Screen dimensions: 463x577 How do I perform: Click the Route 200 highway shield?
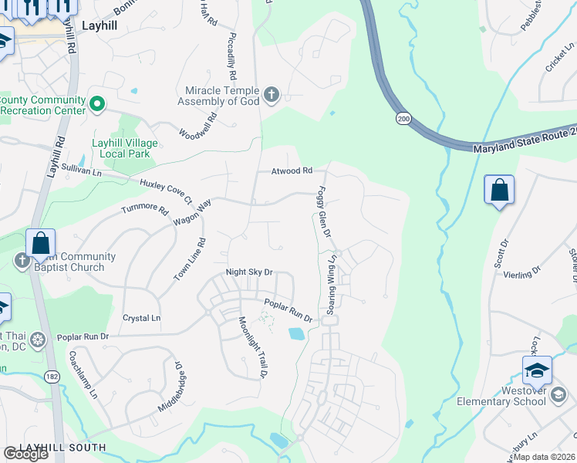[403, 118]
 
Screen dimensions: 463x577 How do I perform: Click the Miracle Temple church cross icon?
[271, 95]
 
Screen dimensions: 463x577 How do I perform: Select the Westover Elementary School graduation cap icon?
[537, 372]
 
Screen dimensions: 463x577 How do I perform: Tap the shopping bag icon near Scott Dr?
[499, 190]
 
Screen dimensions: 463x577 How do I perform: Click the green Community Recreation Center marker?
[97, 103]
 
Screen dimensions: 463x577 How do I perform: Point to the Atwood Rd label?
[291, 171]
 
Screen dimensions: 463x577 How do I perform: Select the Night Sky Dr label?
[249, 272]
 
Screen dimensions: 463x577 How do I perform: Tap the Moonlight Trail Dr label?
[251, 347]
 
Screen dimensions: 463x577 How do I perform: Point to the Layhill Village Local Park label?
[124, 149]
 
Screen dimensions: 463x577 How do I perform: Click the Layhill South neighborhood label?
[62, 448]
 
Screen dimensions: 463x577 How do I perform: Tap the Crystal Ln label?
[141, 318]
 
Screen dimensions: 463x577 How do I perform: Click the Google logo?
[25, 454]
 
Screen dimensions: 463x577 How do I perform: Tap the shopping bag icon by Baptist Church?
[40, 245]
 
